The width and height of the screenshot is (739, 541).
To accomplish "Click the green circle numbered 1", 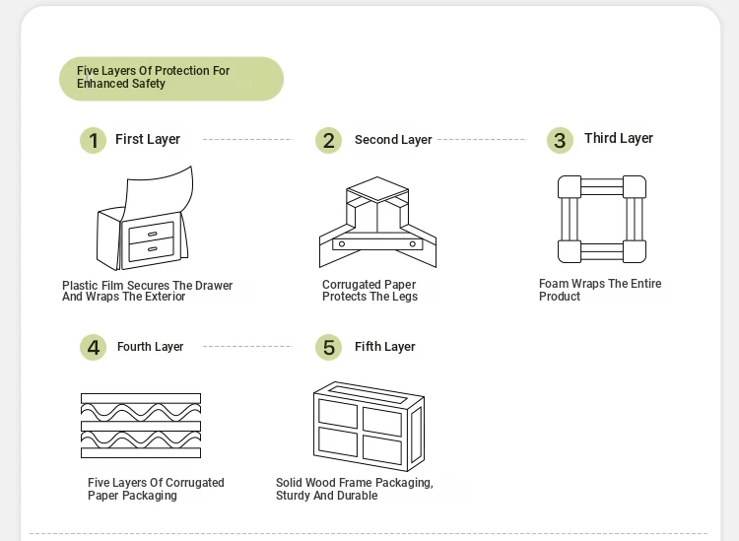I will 93,141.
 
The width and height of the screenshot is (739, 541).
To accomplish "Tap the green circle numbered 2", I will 329,141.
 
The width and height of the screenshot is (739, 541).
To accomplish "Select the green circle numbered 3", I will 560,140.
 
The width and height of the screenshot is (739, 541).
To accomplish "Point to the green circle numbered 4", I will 93,347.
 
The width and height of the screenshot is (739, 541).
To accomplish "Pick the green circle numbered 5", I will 329,347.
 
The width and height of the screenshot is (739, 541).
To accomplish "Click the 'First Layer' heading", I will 148,140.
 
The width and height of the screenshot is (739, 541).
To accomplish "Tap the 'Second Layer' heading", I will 393,140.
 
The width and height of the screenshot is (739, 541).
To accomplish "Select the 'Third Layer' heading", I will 619,138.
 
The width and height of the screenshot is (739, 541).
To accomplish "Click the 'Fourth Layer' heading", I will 151,347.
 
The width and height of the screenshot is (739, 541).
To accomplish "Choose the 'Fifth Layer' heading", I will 385,347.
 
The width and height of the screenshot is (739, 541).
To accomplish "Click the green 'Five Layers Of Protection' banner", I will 170,78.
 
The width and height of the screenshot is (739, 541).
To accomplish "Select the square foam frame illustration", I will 602,220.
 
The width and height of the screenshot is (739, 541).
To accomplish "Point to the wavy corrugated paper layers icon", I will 141,425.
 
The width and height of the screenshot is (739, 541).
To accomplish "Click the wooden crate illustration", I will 369,425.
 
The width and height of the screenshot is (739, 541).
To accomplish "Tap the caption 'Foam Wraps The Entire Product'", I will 600,290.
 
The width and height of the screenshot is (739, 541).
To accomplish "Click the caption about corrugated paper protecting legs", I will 370,291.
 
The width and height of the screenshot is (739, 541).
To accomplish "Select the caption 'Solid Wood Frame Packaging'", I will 354,489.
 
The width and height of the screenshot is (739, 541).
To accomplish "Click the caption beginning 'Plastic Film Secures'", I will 148,291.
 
